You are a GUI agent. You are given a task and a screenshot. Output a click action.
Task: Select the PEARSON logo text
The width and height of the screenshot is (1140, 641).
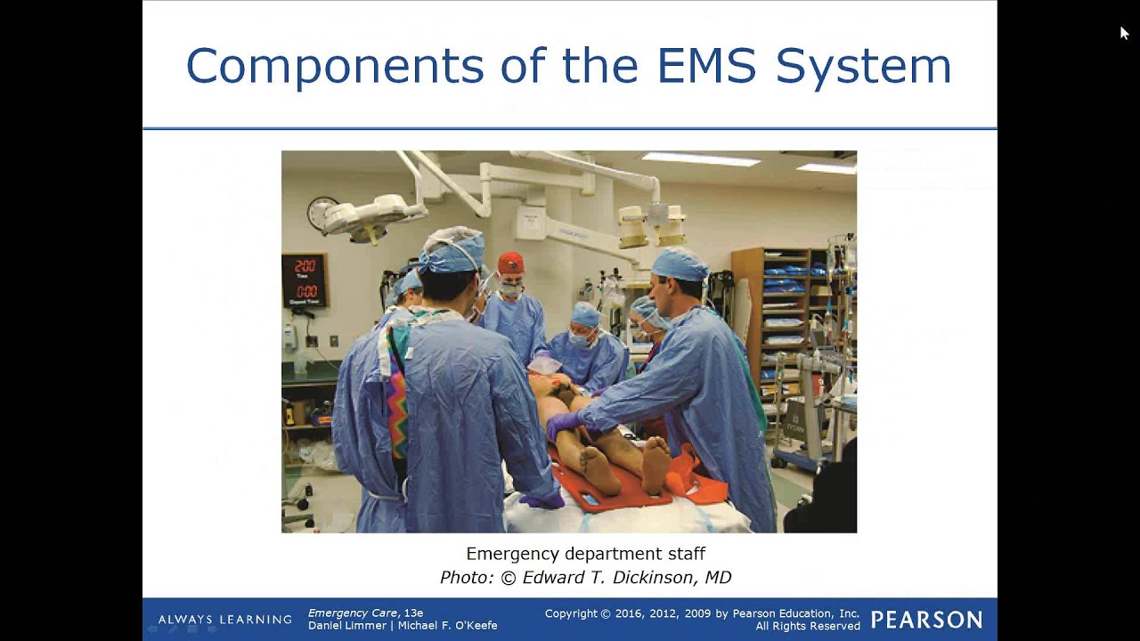[926, 620]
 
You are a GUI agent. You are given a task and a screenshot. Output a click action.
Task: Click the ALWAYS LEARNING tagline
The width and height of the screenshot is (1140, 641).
[224, 620]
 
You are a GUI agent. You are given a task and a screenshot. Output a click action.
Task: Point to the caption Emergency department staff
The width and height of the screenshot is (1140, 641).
[585, 554]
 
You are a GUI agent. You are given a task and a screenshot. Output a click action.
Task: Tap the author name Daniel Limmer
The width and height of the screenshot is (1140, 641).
[346, 626]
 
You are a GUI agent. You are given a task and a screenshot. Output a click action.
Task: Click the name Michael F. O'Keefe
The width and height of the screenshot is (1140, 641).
[447, 626]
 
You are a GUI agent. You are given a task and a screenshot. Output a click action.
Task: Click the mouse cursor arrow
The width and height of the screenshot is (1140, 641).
[1124, 33]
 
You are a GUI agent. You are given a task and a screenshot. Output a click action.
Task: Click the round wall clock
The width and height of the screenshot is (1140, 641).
[321, 213]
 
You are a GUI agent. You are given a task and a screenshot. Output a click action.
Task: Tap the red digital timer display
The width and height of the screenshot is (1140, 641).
[305, 280]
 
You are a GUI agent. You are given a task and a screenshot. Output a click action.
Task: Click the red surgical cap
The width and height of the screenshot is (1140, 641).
[510, 264]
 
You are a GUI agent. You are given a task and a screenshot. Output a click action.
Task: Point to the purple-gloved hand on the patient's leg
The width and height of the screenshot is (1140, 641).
[563, 425]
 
